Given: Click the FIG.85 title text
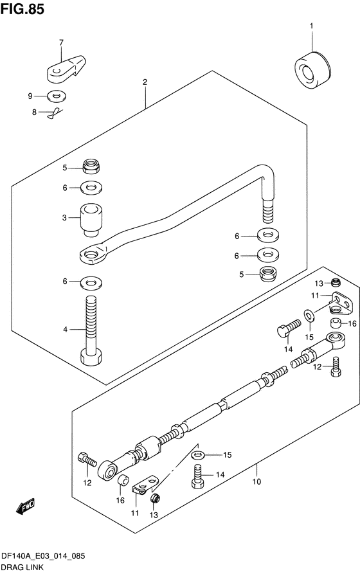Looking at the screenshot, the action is click(x=22, y=9).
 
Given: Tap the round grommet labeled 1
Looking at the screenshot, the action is click(x=312, y=70).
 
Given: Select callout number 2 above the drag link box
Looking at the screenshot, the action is click(x=145, y=82).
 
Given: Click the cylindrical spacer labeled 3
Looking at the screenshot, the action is click(x=91, y=220).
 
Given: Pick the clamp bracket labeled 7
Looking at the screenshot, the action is click(x=66, y=68).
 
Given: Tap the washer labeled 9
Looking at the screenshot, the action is click(x=57, y=96).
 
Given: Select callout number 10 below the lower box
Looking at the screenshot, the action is click(x=256, y=481).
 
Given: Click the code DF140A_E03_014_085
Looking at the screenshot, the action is click(x=43, y=557).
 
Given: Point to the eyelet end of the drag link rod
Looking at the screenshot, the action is click(x=93, y=255).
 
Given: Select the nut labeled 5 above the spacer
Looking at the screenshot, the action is click(x=91, y=166).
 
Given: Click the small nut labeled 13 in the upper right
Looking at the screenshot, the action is click(x=336, y=282).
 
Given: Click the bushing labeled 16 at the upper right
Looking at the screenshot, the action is click(x=336, y=323).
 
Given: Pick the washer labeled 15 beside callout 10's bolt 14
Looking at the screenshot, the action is click(x=198, y=455).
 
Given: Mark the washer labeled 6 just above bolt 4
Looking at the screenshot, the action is click(x=91, y=282).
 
